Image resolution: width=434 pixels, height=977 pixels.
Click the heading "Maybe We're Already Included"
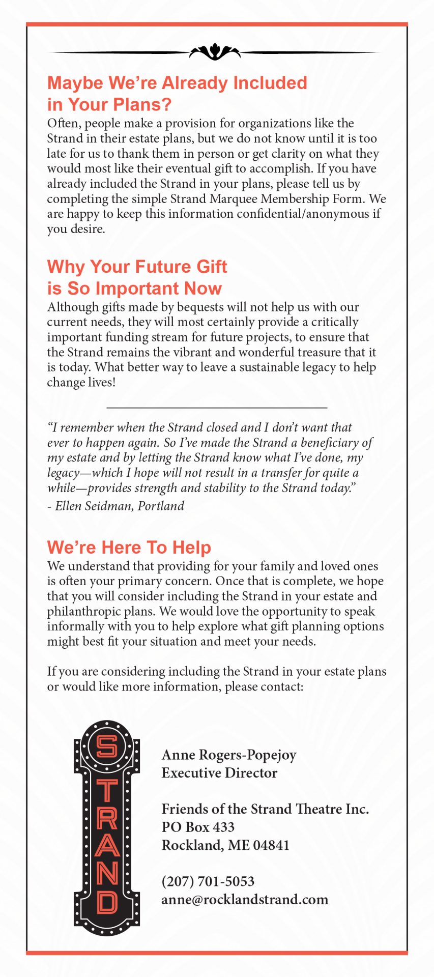pos(177,83)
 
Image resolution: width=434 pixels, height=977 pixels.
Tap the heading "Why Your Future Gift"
pos(137,267)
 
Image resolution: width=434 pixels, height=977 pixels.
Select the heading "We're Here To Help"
pos(129,547)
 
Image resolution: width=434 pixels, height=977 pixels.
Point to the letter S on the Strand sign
pos(107,746)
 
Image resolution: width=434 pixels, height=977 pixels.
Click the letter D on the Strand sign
pos(107,902)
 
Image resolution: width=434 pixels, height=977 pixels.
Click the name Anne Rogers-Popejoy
pos(229,755)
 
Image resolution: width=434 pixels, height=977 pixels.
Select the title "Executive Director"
pos(219,773)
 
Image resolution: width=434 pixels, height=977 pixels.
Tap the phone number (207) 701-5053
pos(208,881)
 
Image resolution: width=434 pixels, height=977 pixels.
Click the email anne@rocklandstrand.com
pos(245,900)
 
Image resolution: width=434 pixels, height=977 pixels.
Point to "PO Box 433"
pos(198,827)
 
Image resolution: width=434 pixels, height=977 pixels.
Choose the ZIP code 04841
pos(271,845)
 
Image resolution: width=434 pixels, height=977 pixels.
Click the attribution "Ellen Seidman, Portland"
pos(119,506)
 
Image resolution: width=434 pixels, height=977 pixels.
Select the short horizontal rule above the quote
pos(217,408)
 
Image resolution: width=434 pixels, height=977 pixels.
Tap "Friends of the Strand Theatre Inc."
pos(265,809)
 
